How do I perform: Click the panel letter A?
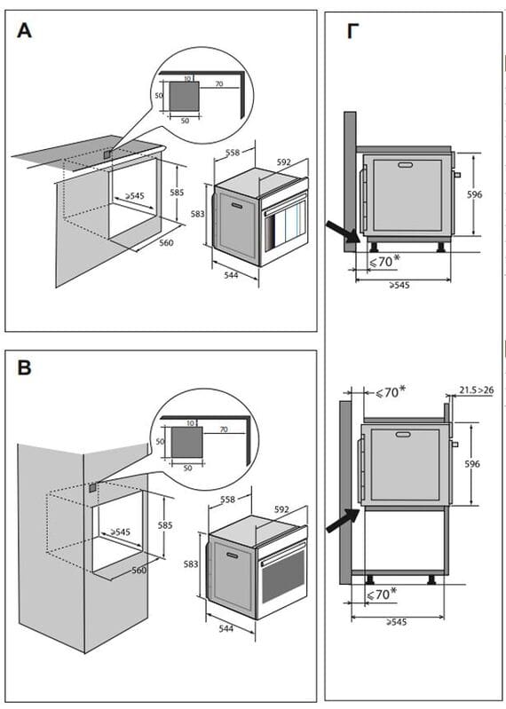25,31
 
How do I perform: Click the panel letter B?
25,367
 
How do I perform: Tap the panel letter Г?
352,31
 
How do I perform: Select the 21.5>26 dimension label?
477,390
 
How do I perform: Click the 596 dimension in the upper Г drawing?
474,194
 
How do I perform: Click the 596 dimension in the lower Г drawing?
472,464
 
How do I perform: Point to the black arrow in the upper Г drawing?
344,231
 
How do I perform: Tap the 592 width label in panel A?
283,162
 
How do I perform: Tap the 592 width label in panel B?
281,509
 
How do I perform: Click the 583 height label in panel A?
198,214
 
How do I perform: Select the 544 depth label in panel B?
226,628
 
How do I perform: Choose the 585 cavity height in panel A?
177,193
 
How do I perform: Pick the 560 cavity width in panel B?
138,571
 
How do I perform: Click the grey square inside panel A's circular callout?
184,97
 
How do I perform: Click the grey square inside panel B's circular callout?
186,442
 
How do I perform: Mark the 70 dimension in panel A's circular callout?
219,83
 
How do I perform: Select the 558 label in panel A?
233,153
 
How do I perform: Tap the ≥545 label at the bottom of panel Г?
396,622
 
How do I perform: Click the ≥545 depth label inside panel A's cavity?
134,196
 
